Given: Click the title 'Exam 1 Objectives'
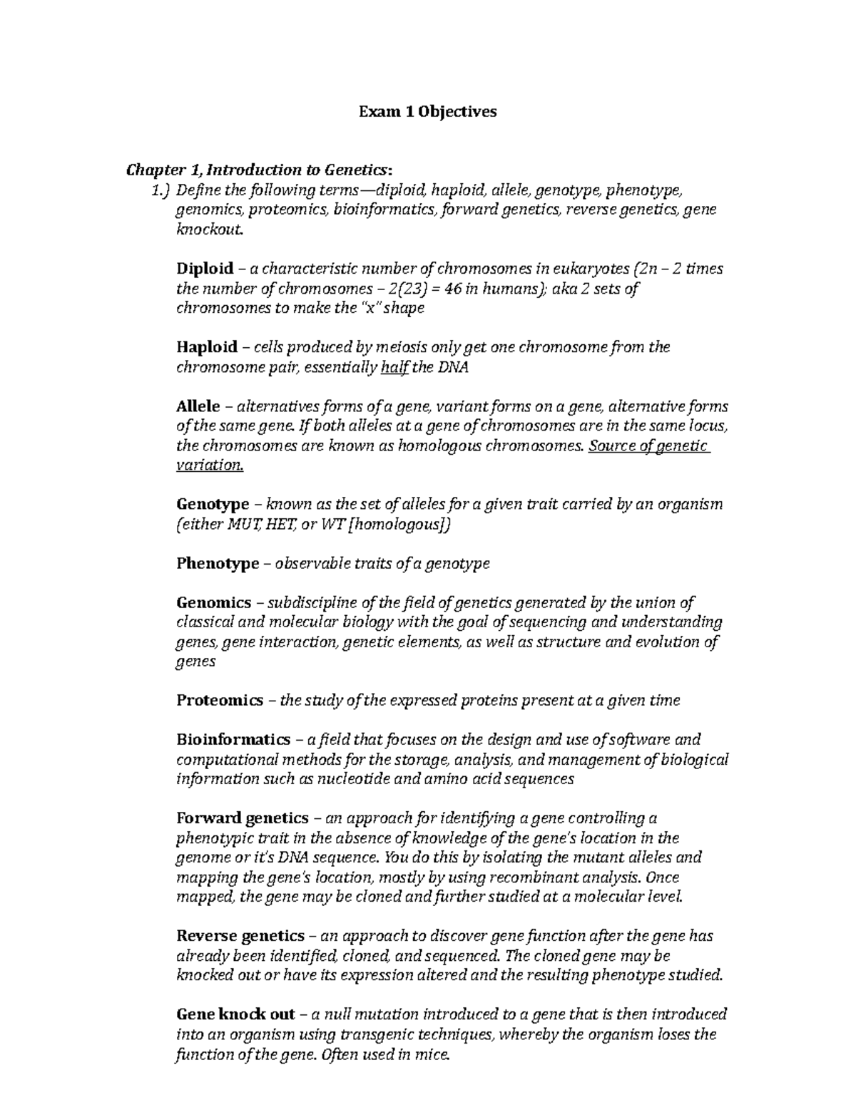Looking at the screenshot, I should point(427,111).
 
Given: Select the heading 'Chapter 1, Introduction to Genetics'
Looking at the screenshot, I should point(258,170).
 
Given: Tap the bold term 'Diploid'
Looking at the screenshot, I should point(205,269).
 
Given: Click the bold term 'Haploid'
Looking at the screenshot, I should point(206,347).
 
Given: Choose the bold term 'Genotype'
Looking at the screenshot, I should point(212,505).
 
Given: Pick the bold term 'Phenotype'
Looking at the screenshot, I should point(218,564).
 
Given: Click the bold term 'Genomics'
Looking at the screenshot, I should point(213,603).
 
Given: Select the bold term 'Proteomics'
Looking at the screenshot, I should point(219,701).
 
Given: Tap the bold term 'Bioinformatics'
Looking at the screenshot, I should point(233,740).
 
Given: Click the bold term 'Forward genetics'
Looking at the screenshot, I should point(242,818).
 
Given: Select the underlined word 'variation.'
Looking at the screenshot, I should point(210,465).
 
